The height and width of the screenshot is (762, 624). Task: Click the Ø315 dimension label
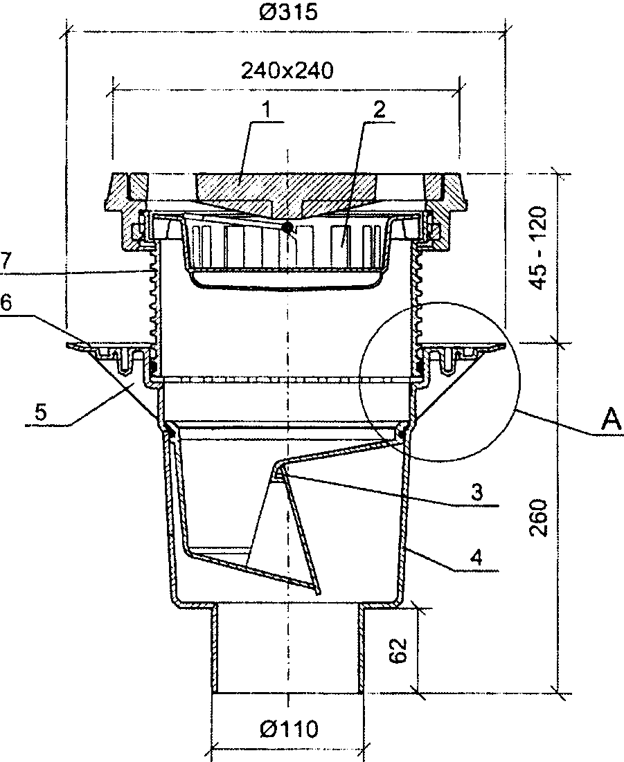click(x=288, y=12)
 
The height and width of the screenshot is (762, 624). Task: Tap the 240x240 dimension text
click(x=287, y=71)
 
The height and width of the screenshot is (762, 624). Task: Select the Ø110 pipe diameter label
click(x=289, y=729)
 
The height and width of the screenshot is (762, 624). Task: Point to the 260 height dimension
click(x=538, y=518)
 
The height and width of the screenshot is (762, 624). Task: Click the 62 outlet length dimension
click(x=398, y=651)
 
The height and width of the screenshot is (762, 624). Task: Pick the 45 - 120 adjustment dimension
click(x=538, y=248)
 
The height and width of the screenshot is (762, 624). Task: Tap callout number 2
click(x=379, y=110)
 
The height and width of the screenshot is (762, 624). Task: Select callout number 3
click(x=476, y=492)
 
